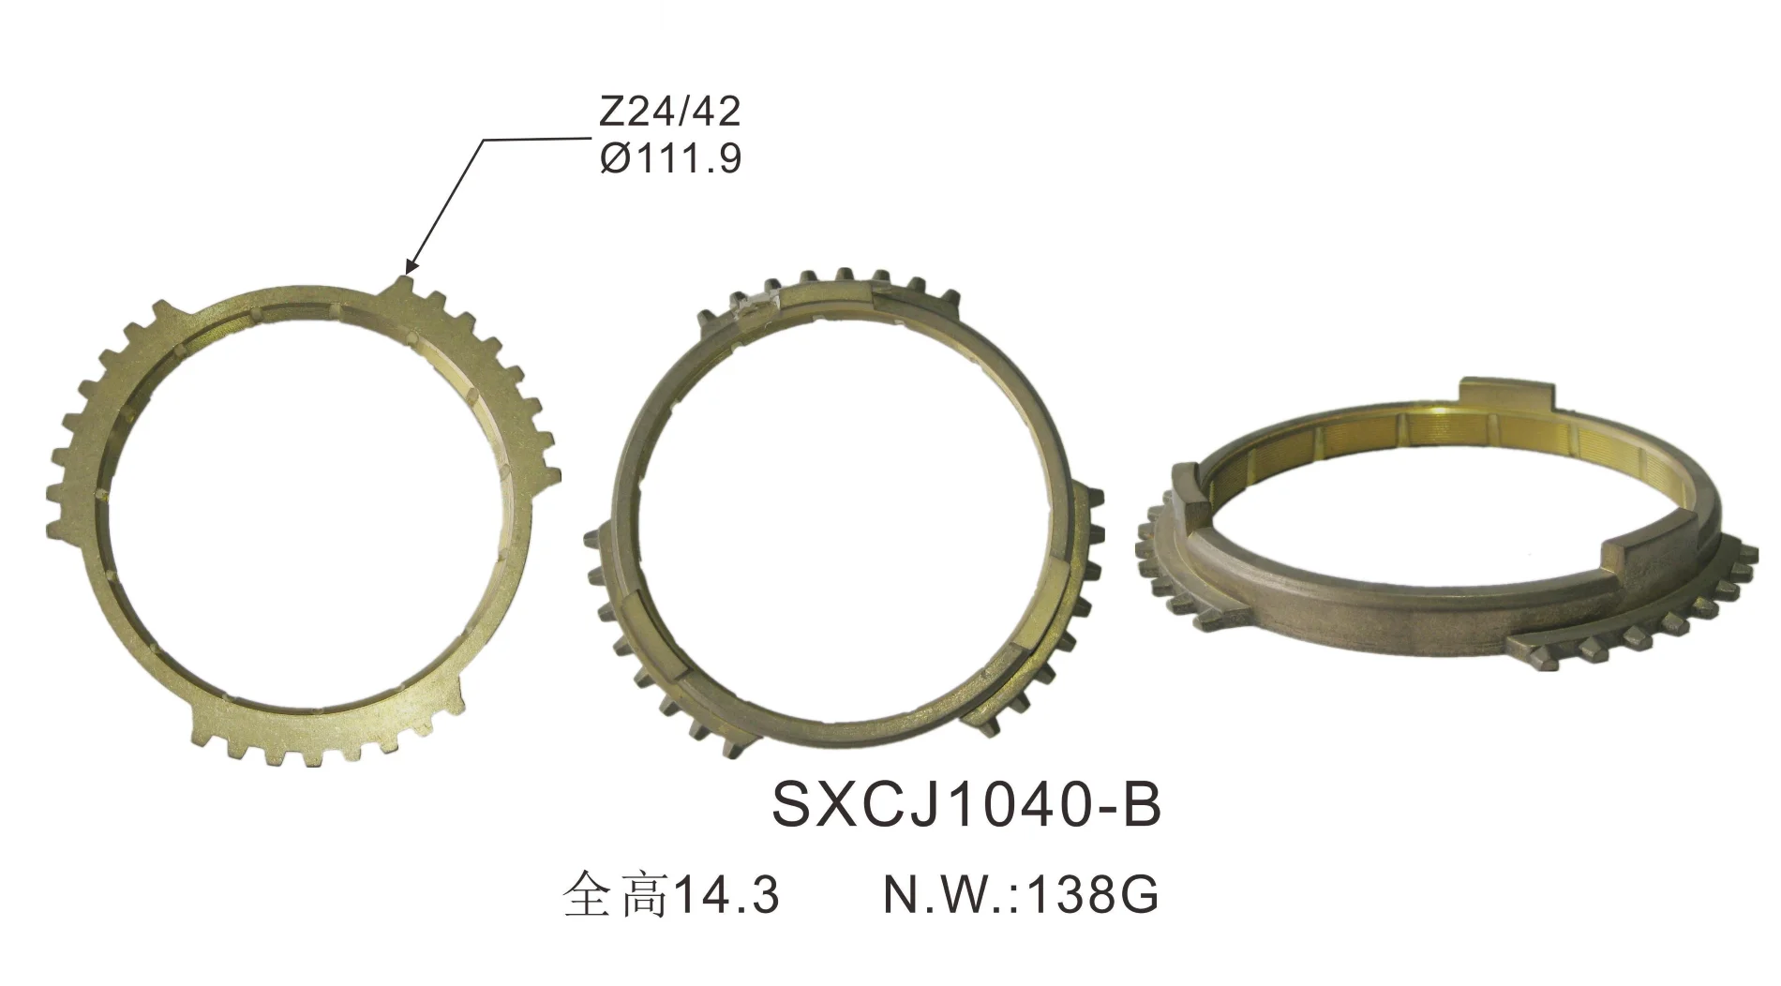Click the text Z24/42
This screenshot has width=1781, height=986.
(x=669, y=112)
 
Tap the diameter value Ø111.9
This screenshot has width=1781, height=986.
(x=669, y=160)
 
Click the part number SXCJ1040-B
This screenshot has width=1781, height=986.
(x=966, y=805)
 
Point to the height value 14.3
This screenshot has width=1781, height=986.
(x=727, y=896)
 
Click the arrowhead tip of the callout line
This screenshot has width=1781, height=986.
(x=406, y=272)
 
